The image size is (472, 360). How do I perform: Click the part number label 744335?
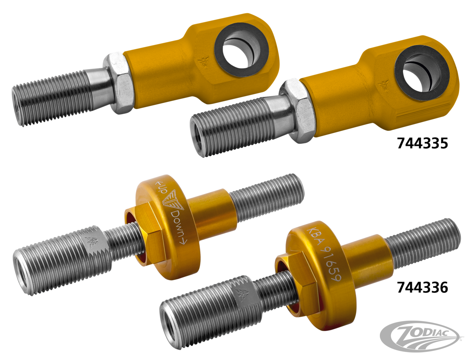[x=422, y=143]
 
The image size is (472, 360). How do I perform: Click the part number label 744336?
[x=422, y=287]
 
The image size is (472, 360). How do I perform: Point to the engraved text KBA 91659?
[x=324, y=253]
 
